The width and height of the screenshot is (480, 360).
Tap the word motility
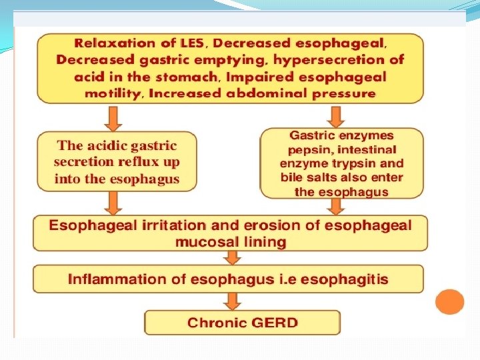pyautogui.click(x=112, y=93)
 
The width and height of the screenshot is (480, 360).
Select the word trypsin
pyautogui.click(x=351, y=164)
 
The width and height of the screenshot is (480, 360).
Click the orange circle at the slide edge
pyautogui.click(x=449, y=301)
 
